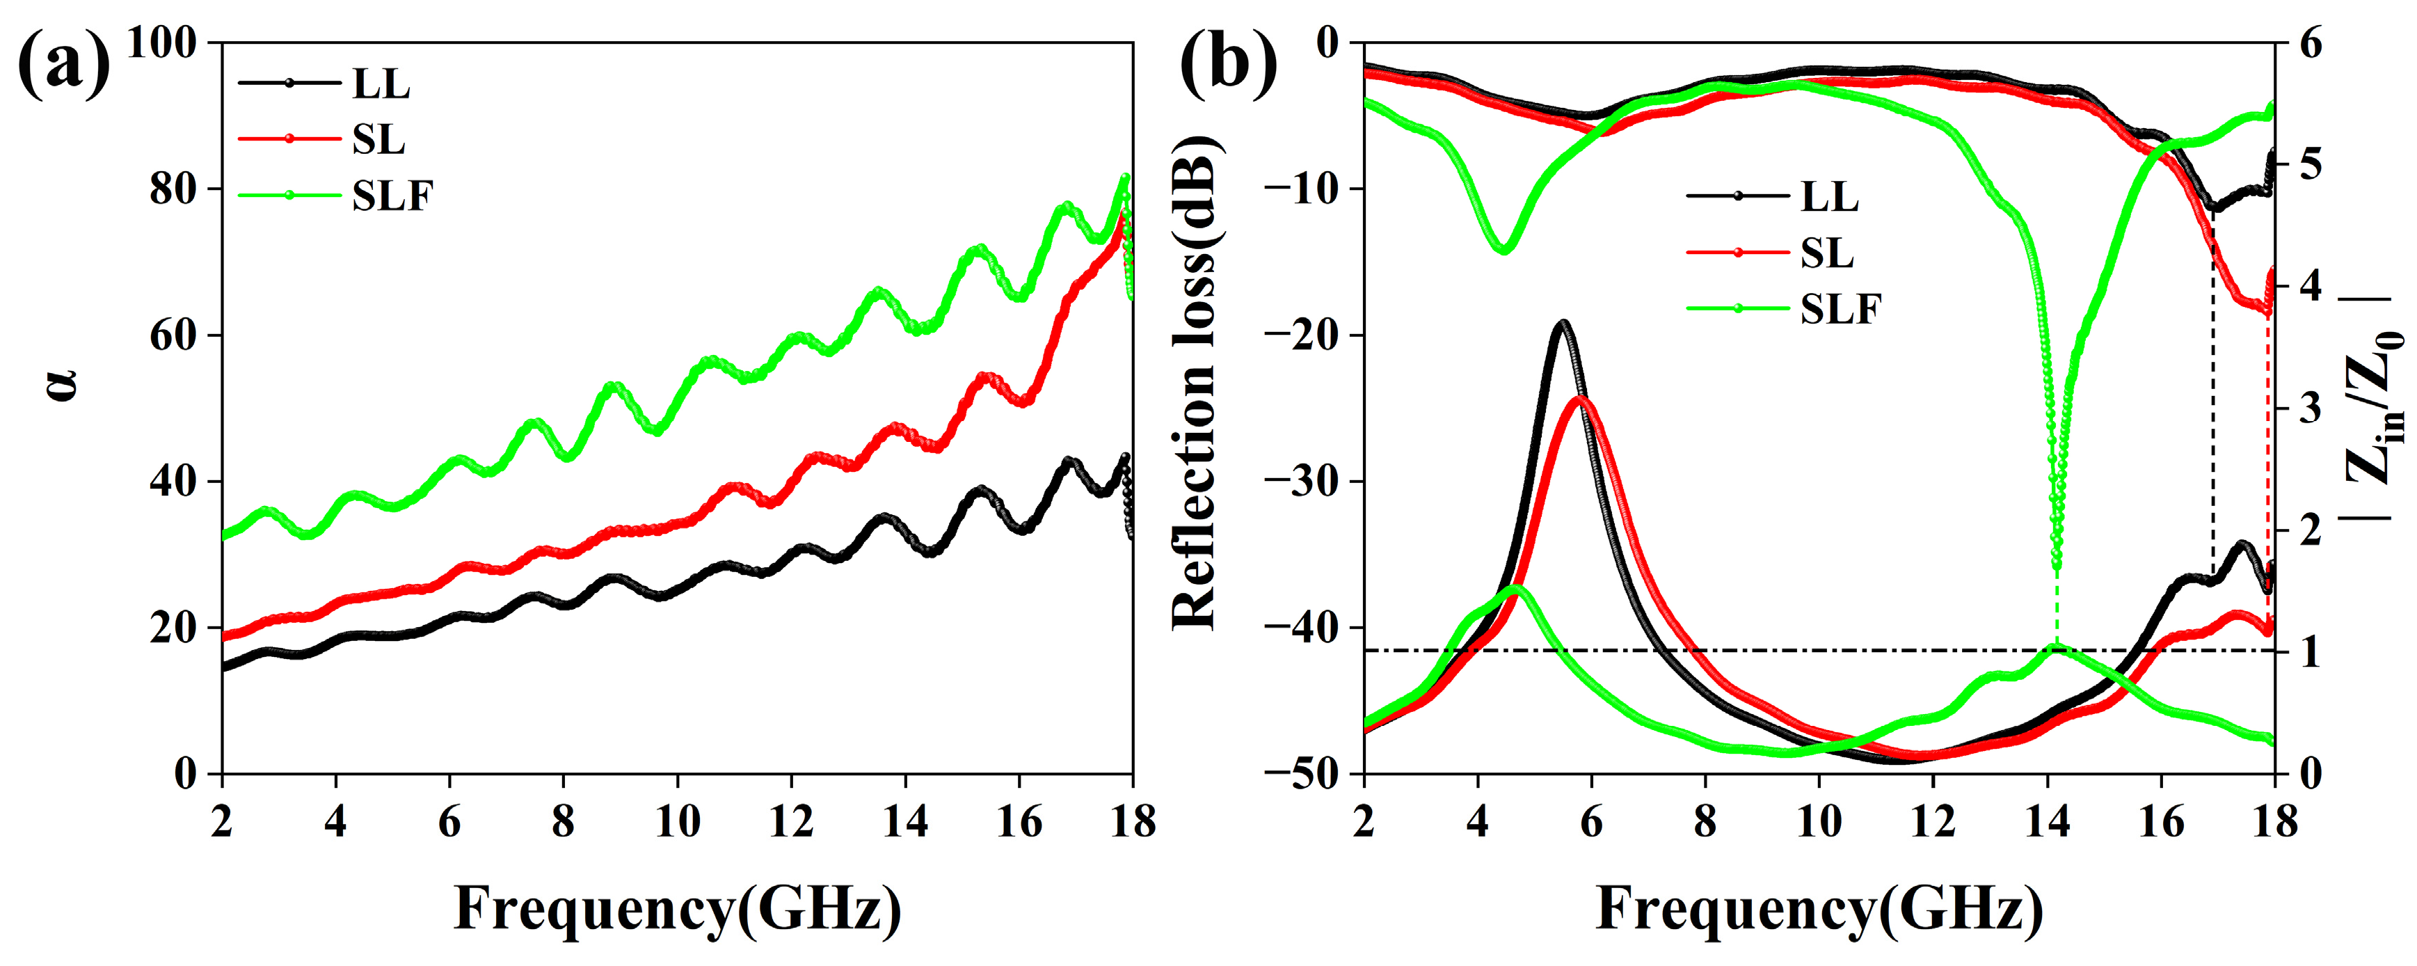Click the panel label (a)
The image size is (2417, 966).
click(64, 65)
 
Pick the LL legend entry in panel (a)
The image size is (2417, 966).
click(380, 84)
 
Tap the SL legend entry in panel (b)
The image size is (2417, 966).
click(1826, 253)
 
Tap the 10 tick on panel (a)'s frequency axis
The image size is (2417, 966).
click(676, 823)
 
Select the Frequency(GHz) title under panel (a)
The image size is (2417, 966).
click(678, 909)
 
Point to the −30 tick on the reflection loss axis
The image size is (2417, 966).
click(1305, 482)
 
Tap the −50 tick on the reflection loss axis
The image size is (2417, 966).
click(1305, 775)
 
